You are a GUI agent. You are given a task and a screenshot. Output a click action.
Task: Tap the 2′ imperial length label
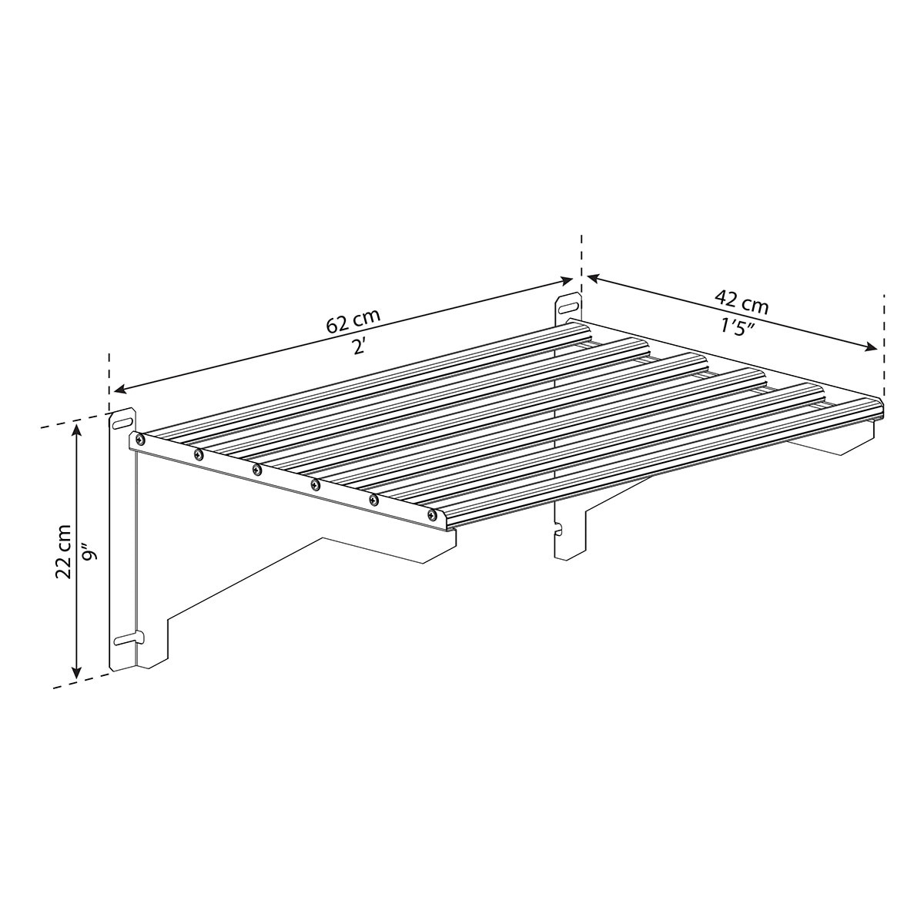[358, 346]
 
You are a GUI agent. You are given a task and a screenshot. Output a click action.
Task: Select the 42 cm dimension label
[742, 301]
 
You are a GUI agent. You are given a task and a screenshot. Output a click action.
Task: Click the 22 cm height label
[63, 552]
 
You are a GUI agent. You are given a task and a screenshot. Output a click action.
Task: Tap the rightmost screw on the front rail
[433, 514]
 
